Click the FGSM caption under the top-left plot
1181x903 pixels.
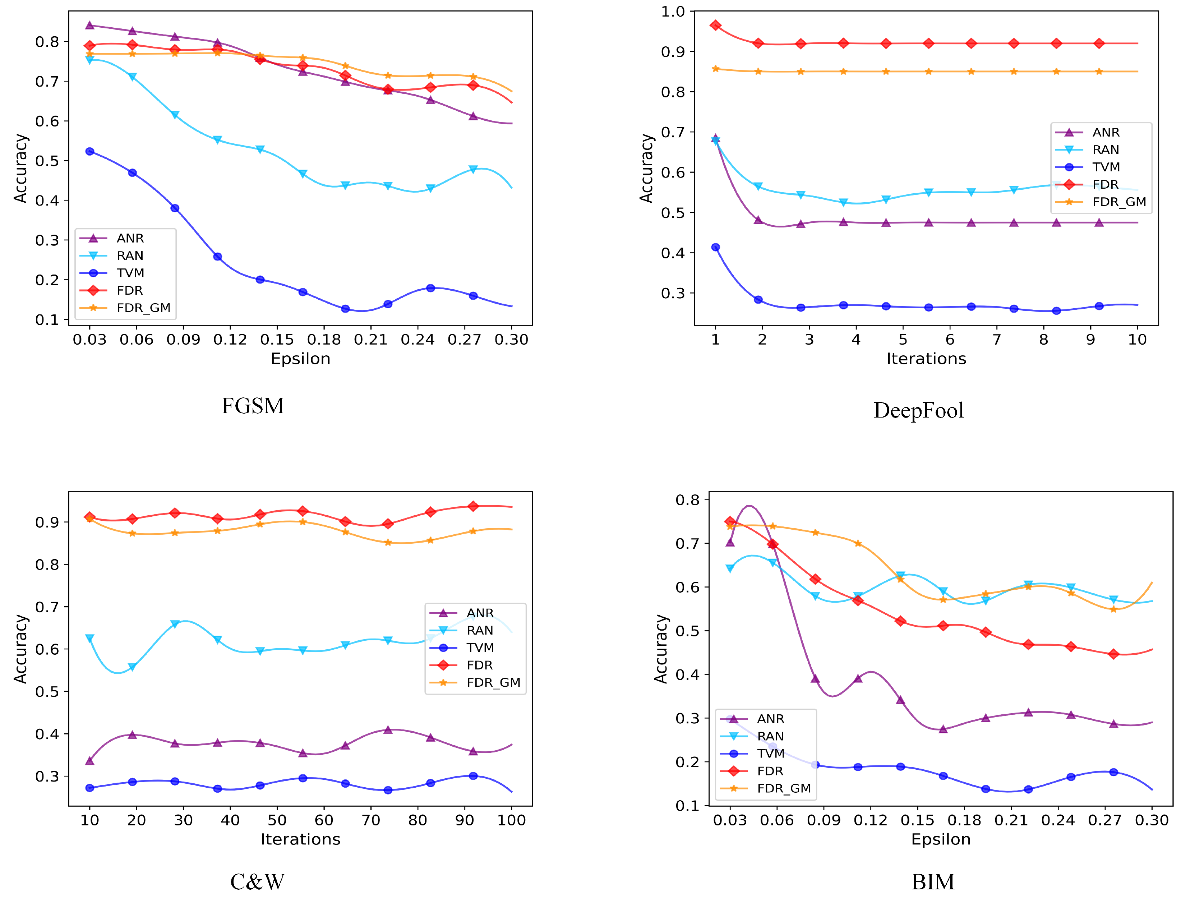pyautogui.click(x=253, y=406)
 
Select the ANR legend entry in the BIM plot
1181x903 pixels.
pyautogui.click(x=770, y=719)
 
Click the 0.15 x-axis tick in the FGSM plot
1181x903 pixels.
pyautogui.click(x=277, y=340)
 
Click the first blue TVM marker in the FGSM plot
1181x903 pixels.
pyautogui.click(x=90, y=152)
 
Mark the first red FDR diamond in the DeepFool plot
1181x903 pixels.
pyautogui.click(x=715, y=25)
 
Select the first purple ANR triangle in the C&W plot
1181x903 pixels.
pyautogui.click(x=90, y=761)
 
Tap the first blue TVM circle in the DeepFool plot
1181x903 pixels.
pyautogui.click(x=715, y=247)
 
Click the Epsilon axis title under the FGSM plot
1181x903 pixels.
pyautogui.click(x=300, y=359)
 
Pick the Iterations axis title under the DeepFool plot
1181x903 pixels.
pyautogui.click(x=926, y=359)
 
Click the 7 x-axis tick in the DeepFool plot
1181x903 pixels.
pyautogui.click(x=996, y=340)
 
